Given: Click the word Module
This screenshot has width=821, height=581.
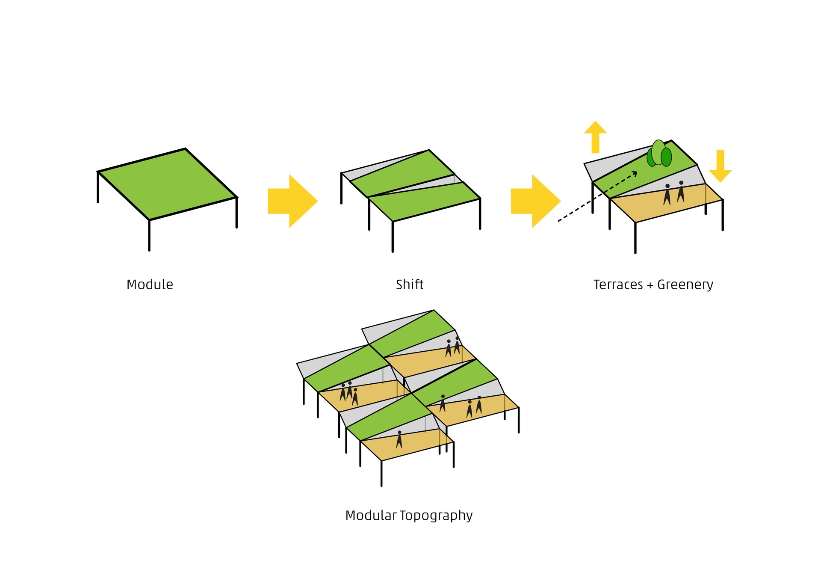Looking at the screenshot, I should [x=150, y=285].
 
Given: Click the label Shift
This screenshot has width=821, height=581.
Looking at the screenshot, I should [x=409, y=285].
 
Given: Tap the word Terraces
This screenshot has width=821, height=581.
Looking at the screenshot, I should [x=618, y=285].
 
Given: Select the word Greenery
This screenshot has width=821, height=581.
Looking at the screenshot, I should [x=685, y=285].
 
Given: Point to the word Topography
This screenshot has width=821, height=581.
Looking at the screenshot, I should [x=436, y=516].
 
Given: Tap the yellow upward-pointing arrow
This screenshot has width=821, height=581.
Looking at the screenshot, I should [x=595, y=137].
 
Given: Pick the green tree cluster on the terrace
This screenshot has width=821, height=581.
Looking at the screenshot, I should [x=659, y=153].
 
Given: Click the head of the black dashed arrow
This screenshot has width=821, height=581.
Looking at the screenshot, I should [x=635, y=173].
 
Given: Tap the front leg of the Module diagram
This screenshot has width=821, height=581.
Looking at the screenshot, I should [x=149, y=235].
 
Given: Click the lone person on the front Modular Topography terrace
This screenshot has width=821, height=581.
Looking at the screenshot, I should [x=399, y=440].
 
